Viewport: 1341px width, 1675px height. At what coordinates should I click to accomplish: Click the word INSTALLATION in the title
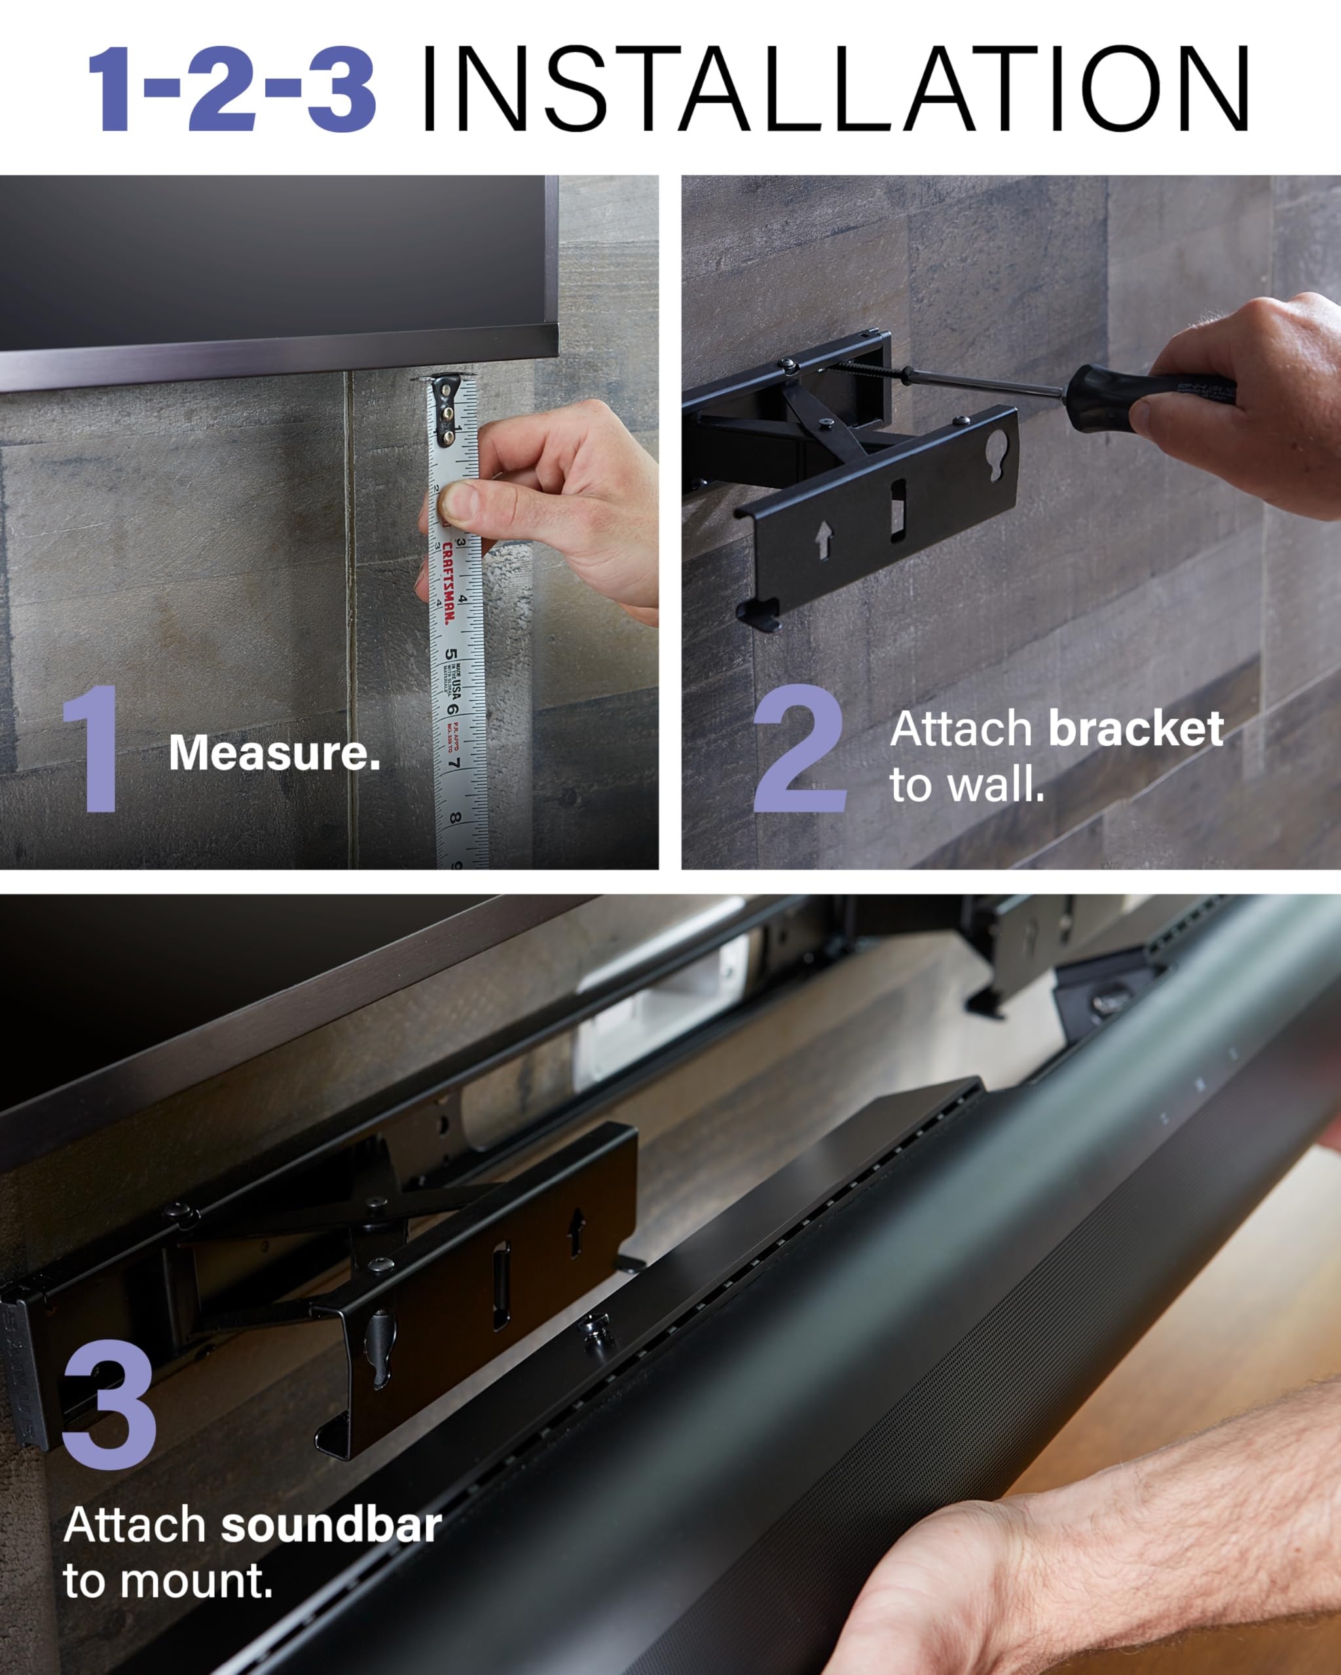tap(836, 90)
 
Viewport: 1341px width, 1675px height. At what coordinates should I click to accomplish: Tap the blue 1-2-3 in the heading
tap(232, 90)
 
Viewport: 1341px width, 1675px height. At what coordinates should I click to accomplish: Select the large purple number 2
tap(800, 750)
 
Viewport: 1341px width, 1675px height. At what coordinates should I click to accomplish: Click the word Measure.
tap(274, 754)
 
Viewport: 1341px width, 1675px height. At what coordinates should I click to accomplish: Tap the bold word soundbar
tap(331, 1525)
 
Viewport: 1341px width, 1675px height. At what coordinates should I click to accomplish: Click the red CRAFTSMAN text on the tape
tap(448, 583)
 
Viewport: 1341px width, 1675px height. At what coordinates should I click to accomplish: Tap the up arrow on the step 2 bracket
tap(822, 539)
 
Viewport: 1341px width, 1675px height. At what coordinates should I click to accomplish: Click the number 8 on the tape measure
tap(455, 817)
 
